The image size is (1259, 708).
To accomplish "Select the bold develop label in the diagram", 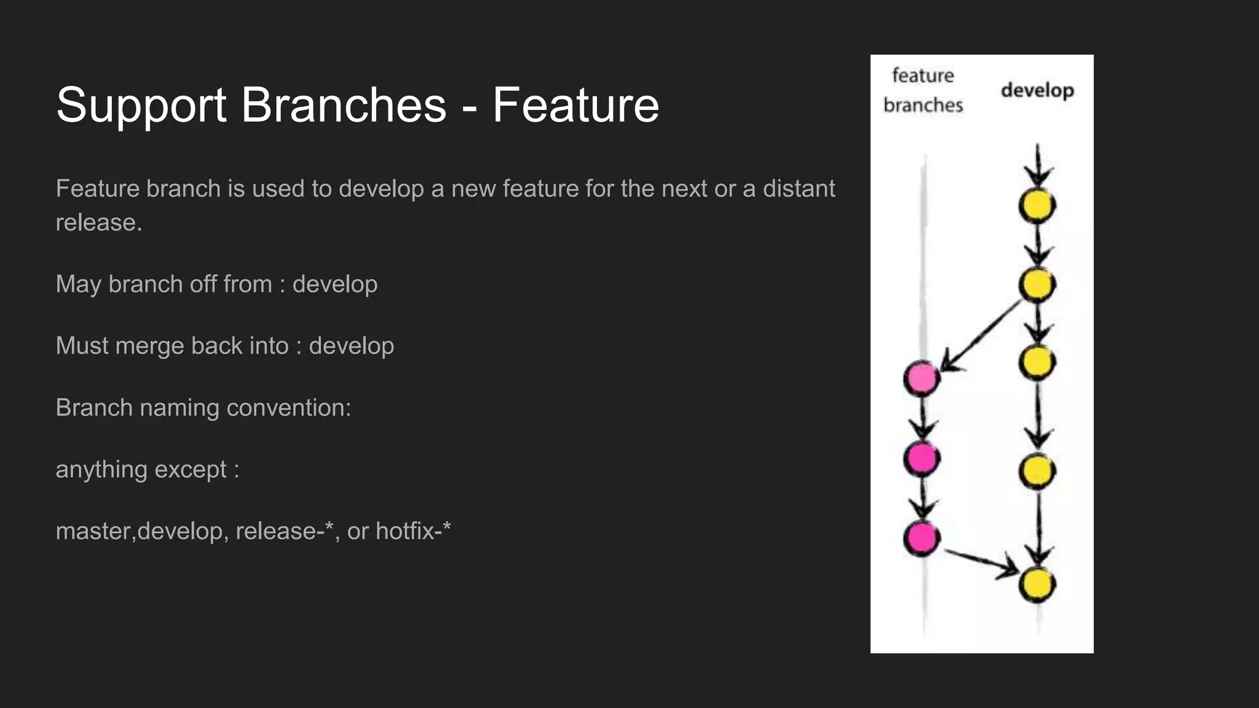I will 1037,91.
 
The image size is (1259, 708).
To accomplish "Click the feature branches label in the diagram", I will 923,90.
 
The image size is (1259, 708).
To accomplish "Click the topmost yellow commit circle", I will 1037,206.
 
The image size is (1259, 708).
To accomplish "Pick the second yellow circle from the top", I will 1037,285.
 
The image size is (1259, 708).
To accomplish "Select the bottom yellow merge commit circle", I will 1037,584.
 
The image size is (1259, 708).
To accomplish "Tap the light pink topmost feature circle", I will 922,378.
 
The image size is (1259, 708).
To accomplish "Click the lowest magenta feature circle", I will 922,538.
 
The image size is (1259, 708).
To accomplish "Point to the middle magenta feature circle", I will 922,458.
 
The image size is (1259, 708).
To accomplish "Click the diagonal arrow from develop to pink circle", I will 981,335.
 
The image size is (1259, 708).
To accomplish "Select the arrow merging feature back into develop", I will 981,563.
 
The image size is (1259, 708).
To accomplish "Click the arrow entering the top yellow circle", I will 1038,166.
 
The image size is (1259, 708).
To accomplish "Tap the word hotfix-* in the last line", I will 413,531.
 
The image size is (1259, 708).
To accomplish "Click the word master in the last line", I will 94,531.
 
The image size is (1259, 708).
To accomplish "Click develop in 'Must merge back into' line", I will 351,346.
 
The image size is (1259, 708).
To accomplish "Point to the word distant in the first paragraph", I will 799,189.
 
